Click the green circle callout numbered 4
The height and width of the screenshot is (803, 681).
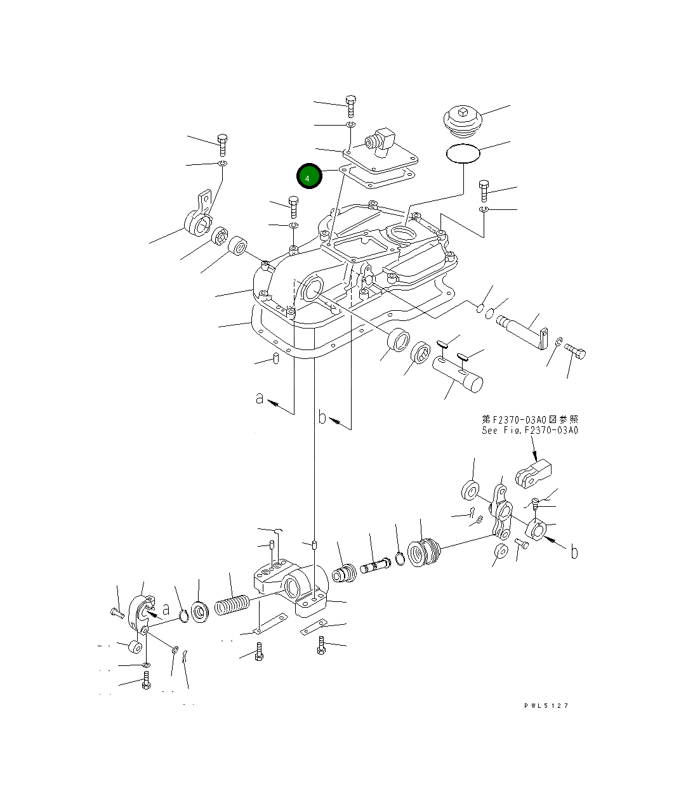coord(309,177)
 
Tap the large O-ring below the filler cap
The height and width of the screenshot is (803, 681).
coord(463,153)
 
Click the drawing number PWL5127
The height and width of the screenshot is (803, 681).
coord(546,705)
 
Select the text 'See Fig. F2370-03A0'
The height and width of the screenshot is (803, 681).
coord(529,430)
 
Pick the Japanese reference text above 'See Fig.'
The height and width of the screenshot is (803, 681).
coord(529,419)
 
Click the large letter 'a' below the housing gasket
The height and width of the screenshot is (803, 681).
coord(259,398)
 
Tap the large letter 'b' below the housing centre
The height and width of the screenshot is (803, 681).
coord(322,417)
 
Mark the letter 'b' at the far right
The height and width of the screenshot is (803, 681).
coord(574,552)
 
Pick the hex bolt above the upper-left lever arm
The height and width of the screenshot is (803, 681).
coord(222,144)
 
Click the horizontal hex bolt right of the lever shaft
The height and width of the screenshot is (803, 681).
coord(575,349)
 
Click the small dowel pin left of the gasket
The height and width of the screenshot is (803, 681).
coord(277,359)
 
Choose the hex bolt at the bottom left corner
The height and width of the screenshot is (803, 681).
coord(147,683)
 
